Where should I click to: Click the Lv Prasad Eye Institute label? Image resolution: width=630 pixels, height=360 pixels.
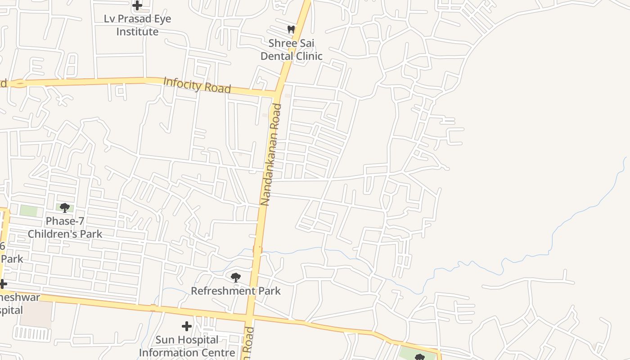[137, 25]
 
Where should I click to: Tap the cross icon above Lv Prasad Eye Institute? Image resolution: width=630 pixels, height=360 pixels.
[137, 5]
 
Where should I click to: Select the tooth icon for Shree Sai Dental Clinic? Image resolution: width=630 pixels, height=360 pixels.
[291, 30]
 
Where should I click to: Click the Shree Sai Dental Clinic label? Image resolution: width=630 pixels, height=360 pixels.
[292, 49]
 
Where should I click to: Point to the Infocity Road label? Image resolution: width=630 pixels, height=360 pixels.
[197, 85]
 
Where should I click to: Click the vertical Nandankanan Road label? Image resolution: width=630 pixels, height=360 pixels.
[271, 154]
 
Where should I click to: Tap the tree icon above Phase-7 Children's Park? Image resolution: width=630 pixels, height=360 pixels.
[65, 207]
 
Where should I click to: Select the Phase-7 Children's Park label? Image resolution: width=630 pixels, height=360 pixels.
[65, 228]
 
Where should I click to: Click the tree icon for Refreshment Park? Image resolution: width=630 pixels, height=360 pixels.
[235, 277]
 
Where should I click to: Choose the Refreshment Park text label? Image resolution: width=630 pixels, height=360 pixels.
[236, 291]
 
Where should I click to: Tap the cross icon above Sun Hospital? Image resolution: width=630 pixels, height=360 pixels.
[187, 326]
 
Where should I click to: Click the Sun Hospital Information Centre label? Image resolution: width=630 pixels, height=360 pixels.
[187, 346]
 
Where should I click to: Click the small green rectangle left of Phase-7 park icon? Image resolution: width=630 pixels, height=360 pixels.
[29, 210]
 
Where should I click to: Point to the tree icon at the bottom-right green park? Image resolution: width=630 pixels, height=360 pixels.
[419, 357]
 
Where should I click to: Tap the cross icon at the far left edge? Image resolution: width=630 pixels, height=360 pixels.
[3, 284]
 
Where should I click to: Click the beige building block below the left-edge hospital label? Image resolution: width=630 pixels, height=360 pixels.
[36, 315]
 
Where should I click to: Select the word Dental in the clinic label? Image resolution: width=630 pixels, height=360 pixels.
[275, 56]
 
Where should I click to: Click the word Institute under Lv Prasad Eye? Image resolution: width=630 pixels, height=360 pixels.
[137, 31]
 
